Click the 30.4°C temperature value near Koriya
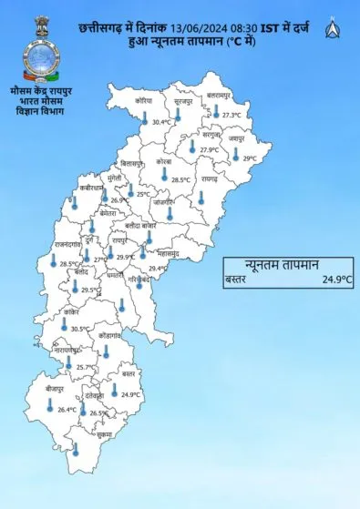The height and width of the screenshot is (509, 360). coord(162,122)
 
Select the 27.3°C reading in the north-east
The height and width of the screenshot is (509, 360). coord(231,116)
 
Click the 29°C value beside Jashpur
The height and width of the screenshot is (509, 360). coord(250,158)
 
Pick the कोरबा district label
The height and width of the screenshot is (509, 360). coord(164,161)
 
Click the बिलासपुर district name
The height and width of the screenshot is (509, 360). coord(133,161)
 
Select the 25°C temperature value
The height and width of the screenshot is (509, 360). coord(143,194)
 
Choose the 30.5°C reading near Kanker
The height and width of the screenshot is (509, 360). coord(79,329)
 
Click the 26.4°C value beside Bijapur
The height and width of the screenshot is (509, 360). coord(67,410)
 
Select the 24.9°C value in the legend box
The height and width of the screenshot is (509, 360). coord(335,280)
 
